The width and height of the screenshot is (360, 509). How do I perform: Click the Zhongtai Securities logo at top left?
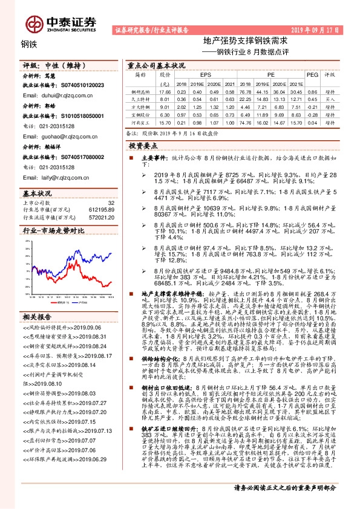point(61,23)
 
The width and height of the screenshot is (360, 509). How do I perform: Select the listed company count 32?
point(110,202)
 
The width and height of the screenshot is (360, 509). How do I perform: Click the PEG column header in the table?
point(312,74)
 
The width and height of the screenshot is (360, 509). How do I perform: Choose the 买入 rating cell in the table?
point(330,98)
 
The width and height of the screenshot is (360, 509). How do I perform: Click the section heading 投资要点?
point(143,146)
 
